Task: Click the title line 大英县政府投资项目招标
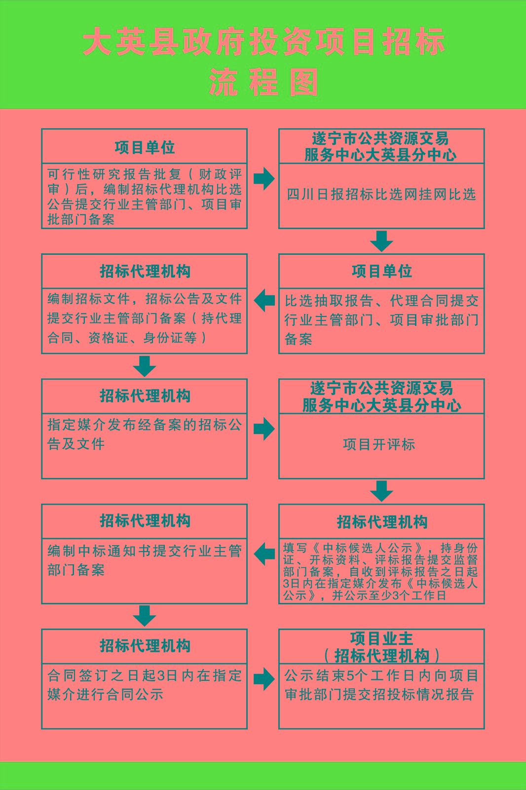coord(263,42)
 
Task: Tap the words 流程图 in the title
coord(263,82)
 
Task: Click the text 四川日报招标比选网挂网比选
coord(381,195)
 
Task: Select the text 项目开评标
coord(379,444)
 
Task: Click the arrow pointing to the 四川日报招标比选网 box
coord(264,178)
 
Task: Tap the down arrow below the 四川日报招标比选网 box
coord(381,241)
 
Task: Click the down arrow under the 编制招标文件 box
coord(145,366)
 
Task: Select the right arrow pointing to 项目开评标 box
coord(264,429)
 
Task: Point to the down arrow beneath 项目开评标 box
coord(381,491)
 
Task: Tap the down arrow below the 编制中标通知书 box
coord(145,616)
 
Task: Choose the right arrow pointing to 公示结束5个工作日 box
coord(264,679)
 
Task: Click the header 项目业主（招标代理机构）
coord(381,647)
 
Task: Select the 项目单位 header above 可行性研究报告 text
coord(145,147)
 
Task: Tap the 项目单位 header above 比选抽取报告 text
coord(381,271)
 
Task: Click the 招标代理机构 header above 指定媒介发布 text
coord(145,396)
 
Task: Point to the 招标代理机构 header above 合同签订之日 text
coord(145,646)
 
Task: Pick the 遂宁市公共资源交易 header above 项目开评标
coord(381,396)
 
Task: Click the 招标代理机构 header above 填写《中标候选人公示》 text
coord(381,522)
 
